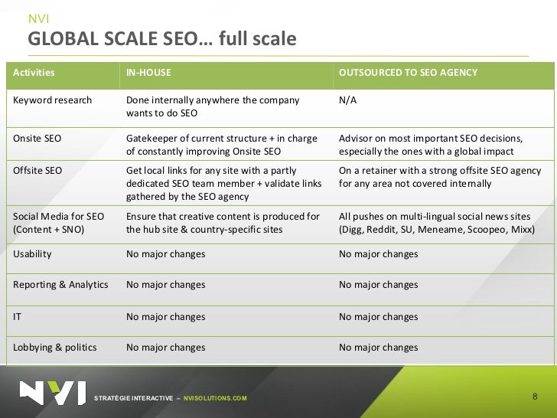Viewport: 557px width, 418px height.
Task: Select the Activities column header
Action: [34, 73]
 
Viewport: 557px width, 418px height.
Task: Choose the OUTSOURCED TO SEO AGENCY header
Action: [408, 73]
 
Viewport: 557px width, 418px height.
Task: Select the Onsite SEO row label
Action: [37, 139]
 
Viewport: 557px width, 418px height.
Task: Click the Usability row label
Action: [31, 253]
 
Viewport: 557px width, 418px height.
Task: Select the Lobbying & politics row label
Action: [55, 348]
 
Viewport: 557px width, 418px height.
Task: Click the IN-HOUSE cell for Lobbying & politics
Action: [165, 348]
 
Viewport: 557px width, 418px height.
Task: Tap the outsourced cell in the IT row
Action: [378, 316]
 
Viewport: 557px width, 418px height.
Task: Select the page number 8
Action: [534, 397]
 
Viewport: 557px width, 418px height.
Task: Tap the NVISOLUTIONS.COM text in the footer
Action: [216, 399]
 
